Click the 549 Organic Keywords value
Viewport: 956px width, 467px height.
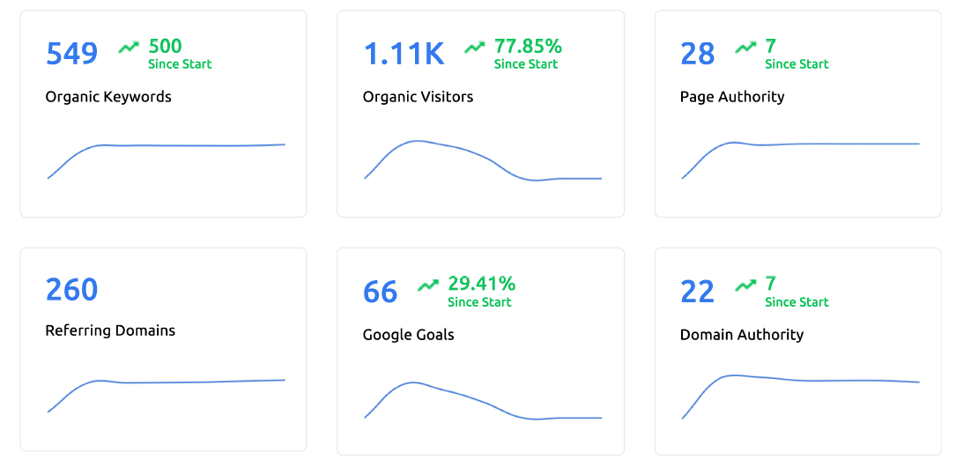[x=71, y=54]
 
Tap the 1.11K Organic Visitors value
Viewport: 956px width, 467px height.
[x=404, y=54]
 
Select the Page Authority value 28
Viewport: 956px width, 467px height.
[x=697, y=54]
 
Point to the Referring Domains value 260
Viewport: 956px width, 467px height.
[x=71, y=289]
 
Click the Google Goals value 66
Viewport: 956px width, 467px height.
[x=380, y=292]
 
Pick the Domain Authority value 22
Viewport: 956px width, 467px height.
[x=697, y=292]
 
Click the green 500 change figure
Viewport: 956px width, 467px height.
[x=165, y=46]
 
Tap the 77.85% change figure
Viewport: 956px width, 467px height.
[x=528, y=46]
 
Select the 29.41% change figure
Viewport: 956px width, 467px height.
[x=481, y=284]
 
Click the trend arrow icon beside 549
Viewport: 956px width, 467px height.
[x=129, y=47]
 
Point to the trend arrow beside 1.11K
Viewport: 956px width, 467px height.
[x=475, y=47]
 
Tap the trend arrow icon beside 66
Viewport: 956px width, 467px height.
[x=428, y=285]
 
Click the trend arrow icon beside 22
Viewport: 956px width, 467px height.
[x=745, y=285]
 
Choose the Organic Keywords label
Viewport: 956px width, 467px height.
[x=108, y=97]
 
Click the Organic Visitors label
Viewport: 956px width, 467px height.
[x=418, y=97]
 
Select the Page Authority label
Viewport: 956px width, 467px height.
[x=731, y=97]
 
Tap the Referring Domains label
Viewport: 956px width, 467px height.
[x=110, y=330]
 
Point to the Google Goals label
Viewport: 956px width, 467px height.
[x=408, y=335]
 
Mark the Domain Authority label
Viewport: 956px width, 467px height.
[x=741, y=335]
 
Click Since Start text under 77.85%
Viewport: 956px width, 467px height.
[x=526, y=64]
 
